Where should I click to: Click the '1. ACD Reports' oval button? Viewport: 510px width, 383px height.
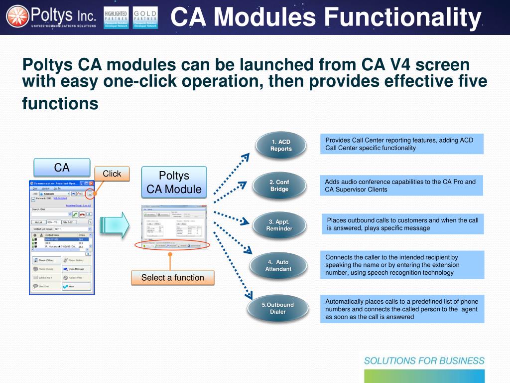[x=281, y=145]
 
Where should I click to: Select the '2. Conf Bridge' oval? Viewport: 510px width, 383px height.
[x=279, y=186]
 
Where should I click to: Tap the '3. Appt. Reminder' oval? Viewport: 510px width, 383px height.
[x=279, y=225]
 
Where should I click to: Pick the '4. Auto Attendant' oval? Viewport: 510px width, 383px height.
[x=278, y=265]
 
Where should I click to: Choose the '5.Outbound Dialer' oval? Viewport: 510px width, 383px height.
[x=277, y=308]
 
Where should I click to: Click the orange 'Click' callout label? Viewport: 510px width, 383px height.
[x=112, y=174]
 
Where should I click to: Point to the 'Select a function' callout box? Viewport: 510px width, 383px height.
[x=172, y=278]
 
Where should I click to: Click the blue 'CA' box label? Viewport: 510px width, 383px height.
[x=62, y=167]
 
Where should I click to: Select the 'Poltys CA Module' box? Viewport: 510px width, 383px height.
[x=174, y=183]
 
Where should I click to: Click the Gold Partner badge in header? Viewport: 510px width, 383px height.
[x=145, y=17]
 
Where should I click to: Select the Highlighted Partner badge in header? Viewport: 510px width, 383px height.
[x=116, y=17]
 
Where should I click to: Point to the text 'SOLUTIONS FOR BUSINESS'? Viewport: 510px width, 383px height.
[x=424, y=361]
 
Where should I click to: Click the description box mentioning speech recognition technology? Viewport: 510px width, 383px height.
[x=402, y=265]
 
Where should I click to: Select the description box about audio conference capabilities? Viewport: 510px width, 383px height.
[x=402, y=186]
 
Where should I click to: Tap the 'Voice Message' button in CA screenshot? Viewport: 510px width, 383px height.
[x=76, y=269]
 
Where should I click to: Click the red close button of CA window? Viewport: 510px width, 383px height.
[x=91, y=184]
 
